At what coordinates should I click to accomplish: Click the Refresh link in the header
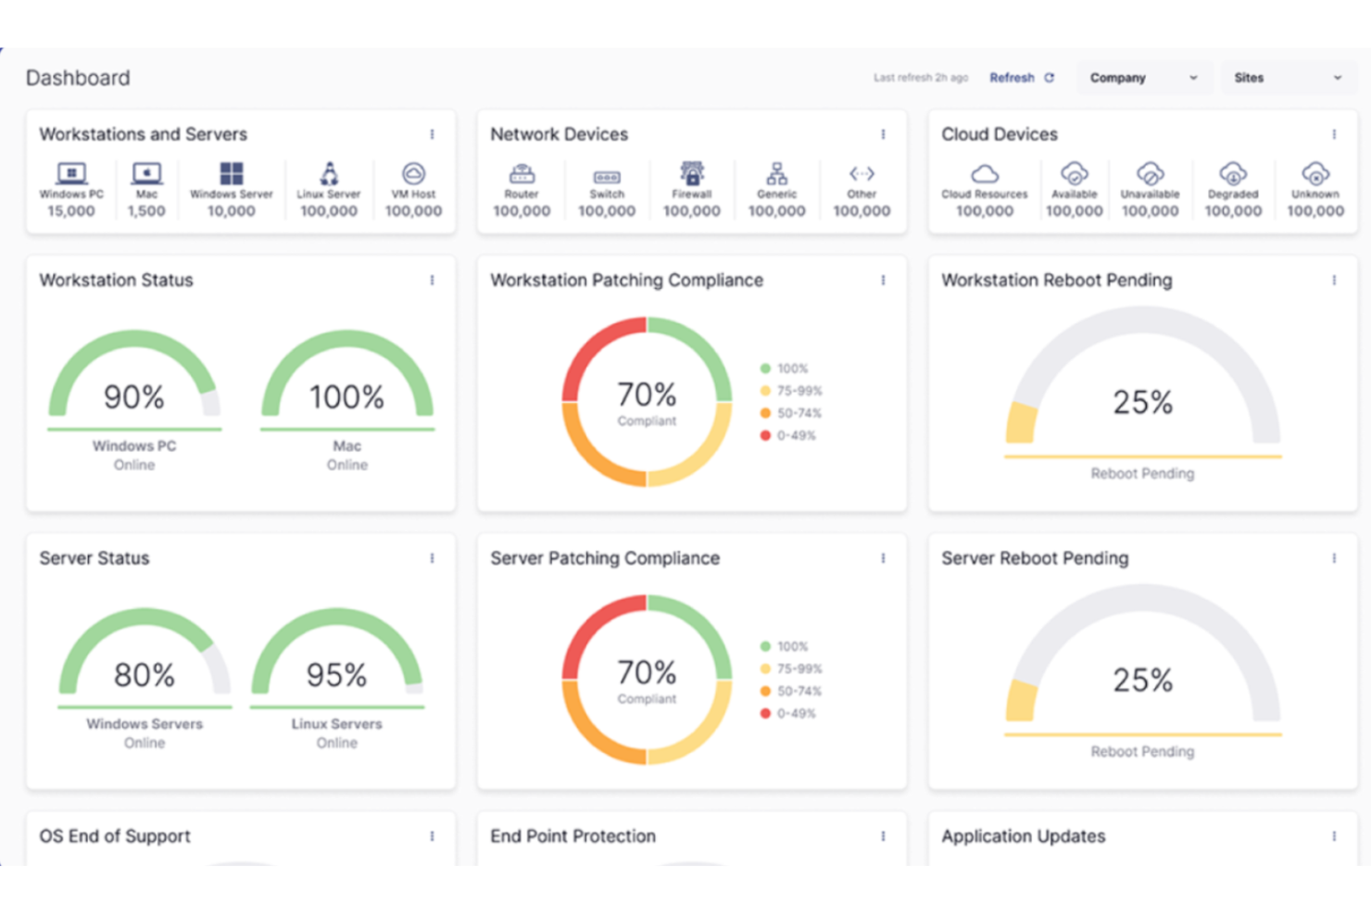click(x=1012, y=78)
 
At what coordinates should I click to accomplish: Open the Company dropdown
click(x=1142, y=78)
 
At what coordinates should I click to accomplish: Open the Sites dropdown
click(x=1287, y=78)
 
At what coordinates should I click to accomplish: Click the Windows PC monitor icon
click(x=71, y=173)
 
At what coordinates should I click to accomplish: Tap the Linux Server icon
click(x=329, y=173)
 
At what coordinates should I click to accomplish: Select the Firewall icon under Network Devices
click(x=692, y=173)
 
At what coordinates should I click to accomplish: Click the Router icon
click(x=522, y=174)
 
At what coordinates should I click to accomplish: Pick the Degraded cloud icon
click(x=1233, y=173)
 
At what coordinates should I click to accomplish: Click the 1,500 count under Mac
click(x=146, y=211)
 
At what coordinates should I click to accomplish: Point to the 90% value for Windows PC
click(x=134, y=397)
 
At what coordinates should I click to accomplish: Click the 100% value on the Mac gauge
click(x=346, y=397)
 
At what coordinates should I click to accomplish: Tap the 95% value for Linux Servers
click(x=336, y=675)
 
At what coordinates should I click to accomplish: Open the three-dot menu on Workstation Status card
click(x=432, y=281)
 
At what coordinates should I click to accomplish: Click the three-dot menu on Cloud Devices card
click(x=1334, y=134)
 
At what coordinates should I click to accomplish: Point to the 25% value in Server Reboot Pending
click(x=1142, y=681)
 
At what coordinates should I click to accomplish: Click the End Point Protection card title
click(x=572, y=836)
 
